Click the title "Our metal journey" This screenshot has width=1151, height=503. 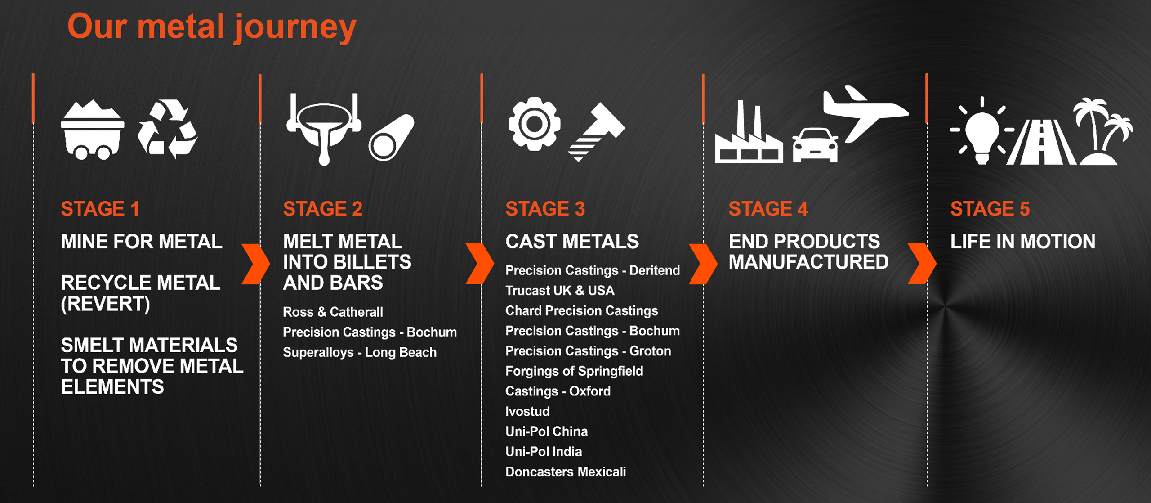tap(212, 27)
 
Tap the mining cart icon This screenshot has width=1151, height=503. tap(93, 130)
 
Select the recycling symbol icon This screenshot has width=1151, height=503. tap(167, 129)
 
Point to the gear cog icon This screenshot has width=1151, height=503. tap(535, 124)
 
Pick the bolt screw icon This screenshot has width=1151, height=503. tap(597, 132)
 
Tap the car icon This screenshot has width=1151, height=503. tap(815, 145)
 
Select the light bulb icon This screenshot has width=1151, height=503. tap(982, 130)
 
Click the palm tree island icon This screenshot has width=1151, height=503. tap(1102, 131)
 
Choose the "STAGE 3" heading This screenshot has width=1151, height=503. tap(545, 209)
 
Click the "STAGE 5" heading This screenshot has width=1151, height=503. tap(990, 209)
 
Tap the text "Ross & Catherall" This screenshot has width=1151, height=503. tap(333, 312)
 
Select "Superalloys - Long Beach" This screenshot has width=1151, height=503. tap(360, 352)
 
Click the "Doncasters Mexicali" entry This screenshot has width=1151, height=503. tap(566, 472)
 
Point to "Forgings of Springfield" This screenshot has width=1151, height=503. tap(574, 371)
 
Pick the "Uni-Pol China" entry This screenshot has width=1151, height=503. tap(546, 431)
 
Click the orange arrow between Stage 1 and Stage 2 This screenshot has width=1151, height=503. tap(255, 264)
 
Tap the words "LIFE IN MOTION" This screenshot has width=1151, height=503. tap(1023, 242)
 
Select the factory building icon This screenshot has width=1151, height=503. tap(749, 132)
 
